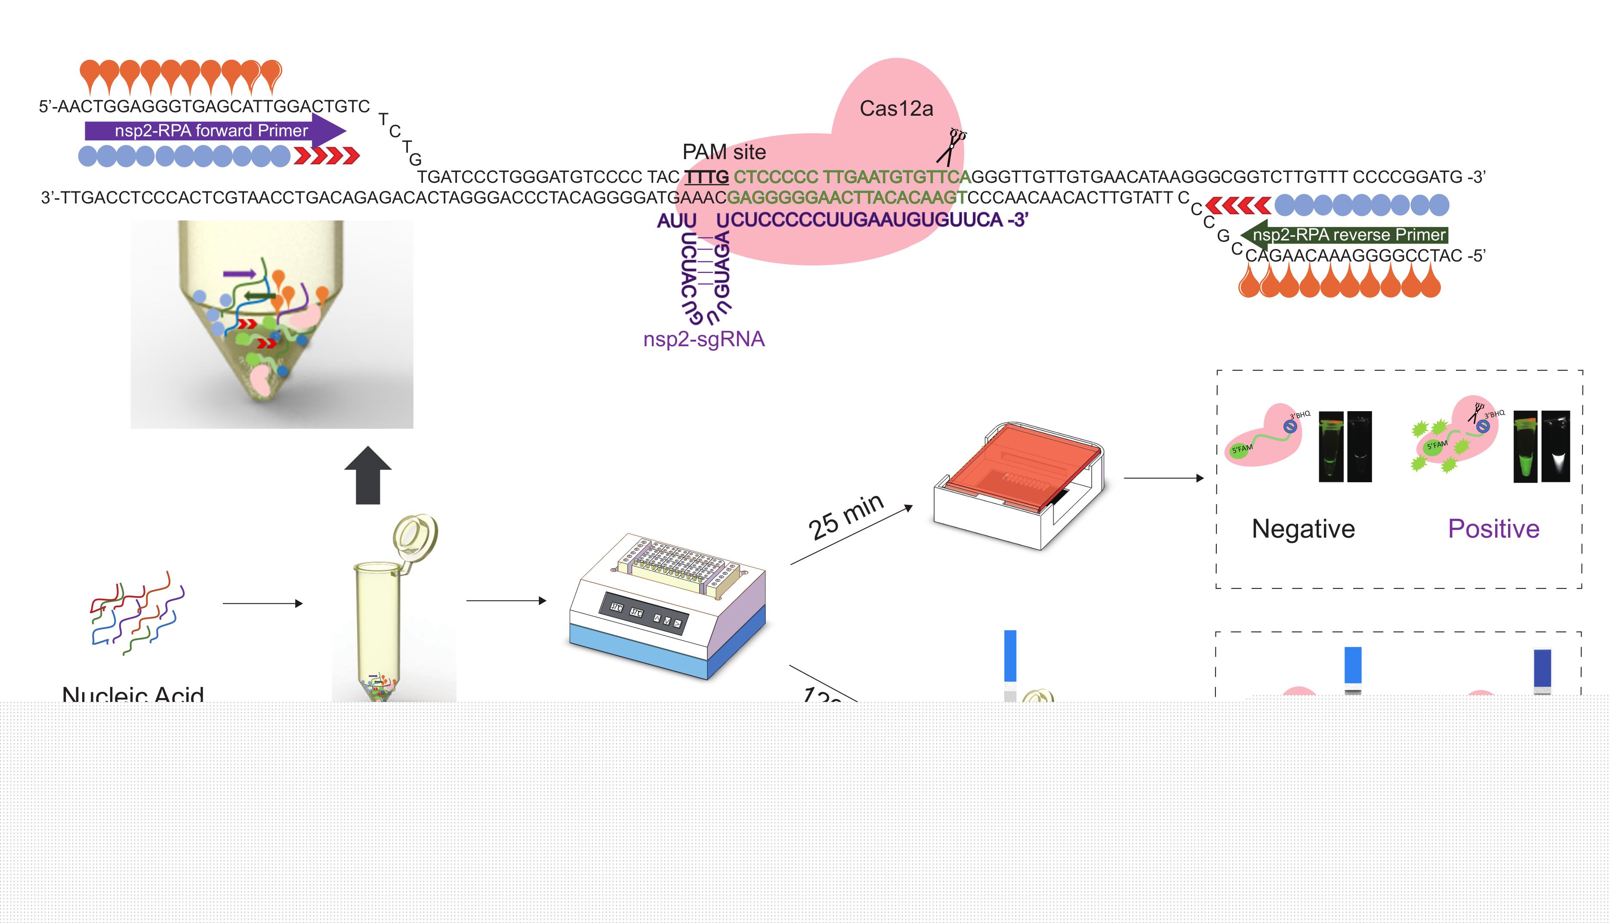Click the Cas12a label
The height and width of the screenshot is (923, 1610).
click(x=896, y=109)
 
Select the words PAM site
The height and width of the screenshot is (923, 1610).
click(x=724, y=152)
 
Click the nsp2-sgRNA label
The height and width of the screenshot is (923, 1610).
click(x=704, y=339)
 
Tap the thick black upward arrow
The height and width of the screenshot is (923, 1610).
click(x=368, y=475)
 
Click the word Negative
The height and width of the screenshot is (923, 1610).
click(x=1303, y=529)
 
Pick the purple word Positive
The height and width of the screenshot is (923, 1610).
click(x=1493, y=529)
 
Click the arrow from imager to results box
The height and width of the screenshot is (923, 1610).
click(x=1163, y=478)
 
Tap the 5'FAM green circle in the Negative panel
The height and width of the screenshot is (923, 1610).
click(x=1241, y=449)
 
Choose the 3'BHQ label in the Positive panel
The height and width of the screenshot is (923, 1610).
click(x=1495, y=414)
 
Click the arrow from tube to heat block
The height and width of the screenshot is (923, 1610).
click(x=506, y=600)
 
